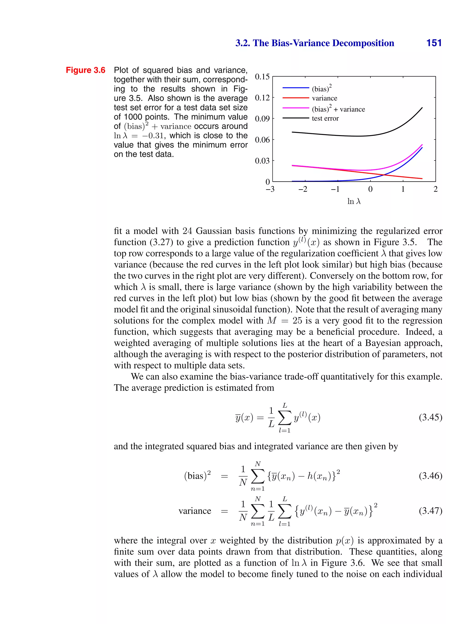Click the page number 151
(434, 43)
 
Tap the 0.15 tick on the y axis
(262, 77)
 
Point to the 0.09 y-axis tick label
(262, 119)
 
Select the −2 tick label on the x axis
(303, 189)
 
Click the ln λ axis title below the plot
(354, 201)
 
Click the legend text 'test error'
(325, 119)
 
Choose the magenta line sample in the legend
(295, 108)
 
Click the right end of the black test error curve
(422, 107)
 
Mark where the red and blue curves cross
(384, 175)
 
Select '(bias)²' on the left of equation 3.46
(197, 476)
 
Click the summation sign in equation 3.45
(284, 418)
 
